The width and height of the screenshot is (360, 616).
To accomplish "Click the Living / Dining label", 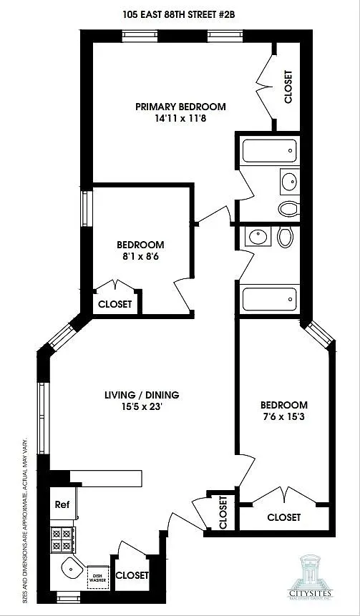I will tap(141, 394).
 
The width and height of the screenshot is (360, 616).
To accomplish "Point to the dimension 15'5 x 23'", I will tap(141, 406).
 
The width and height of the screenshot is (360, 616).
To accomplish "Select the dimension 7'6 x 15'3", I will tap(284, 417).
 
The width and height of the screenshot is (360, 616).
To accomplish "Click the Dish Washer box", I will tap(97, 576).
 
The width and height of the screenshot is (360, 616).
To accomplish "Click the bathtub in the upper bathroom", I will tap(269, 151).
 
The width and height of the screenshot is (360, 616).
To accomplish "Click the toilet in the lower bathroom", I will tap(285, 237).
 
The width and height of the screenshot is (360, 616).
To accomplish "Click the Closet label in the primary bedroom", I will tap(288, 87).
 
